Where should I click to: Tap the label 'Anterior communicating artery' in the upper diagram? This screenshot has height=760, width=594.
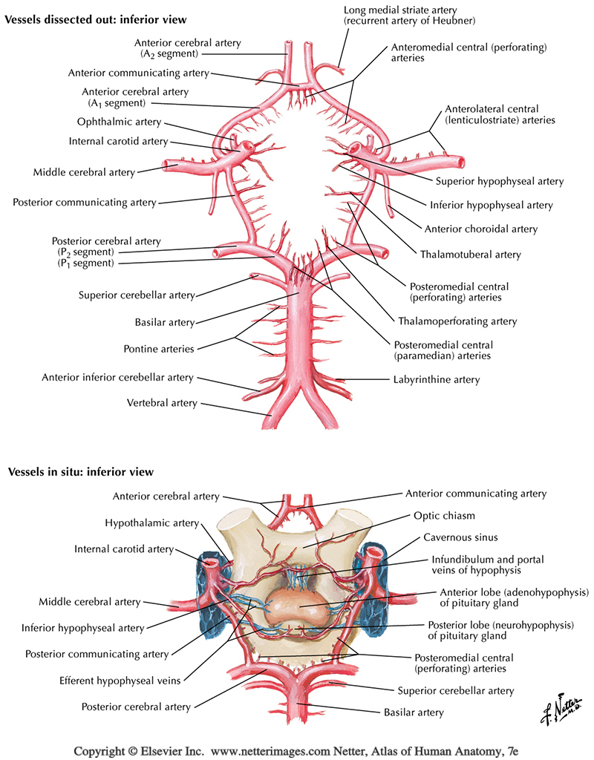pos(138,73)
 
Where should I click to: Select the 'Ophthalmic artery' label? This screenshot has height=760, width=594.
pos(119,122)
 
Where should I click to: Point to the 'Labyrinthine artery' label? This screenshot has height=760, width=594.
pos(436,379)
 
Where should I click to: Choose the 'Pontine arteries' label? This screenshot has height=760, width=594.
pos(159,348)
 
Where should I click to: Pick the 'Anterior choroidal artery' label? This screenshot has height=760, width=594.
pos(491,229)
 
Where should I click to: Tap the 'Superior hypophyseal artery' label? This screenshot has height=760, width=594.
pos(499,181)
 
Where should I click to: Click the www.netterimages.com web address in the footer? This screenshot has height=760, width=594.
pos(284,750)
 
